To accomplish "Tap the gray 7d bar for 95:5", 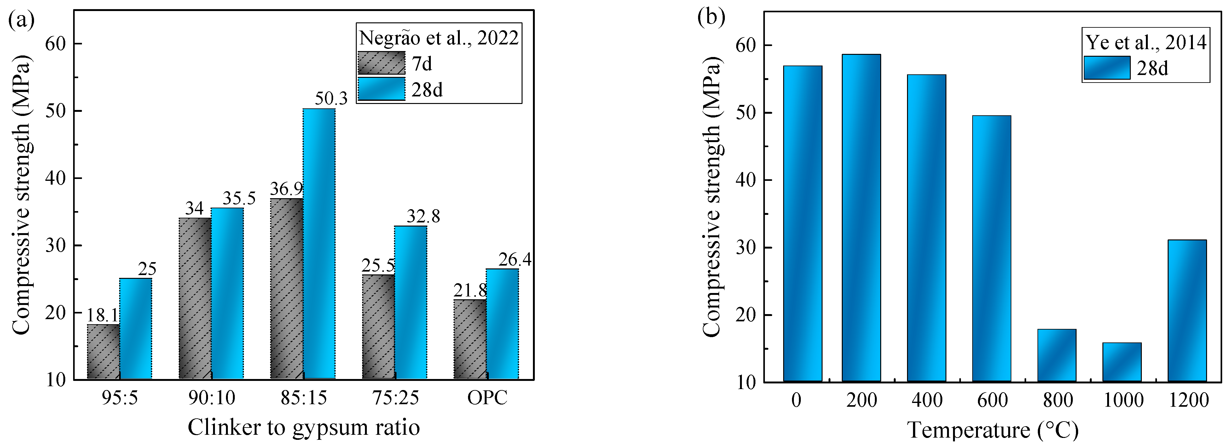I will (x=103, y=352).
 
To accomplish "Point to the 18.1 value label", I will (x=102, y=316).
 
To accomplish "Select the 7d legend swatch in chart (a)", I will (x=381, y=63).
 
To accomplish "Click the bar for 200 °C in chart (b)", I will (x=861, y=218).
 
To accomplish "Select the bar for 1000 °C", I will (x=1122, y=362).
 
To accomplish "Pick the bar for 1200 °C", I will (x=1187, y=310).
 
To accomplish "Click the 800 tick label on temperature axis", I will (x=1058, y=400).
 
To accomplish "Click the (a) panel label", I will (x=21, y=20).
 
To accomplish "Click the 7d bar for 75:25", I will (x=378, y=327).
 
